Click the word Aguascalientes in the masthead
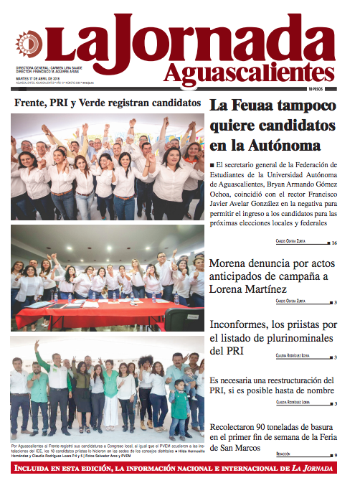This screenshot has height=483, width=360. (248, 71)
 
